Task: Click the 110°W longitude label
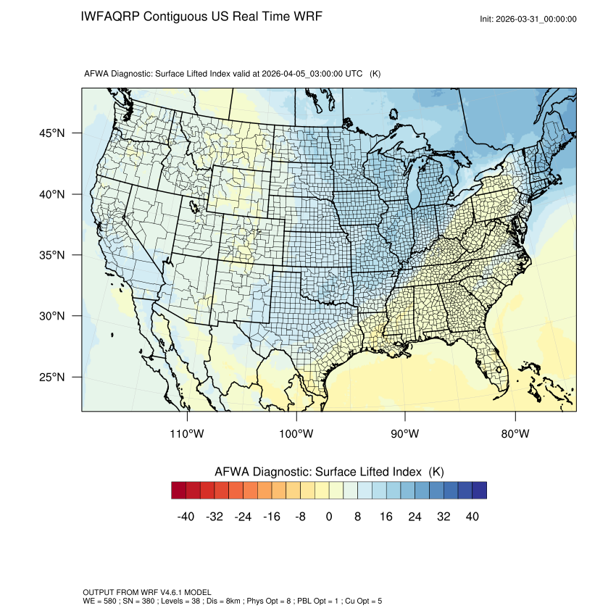(188, 434)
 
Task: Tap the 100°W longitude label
(296, 434)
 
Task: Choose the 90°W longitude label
(405, 434)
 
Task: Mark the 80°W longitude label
(515, 434)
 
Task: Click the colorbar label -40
(186, 517)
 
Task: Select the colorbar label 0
(329, 517)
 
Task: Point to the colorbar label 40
(473, 517)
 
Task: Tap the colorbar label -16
(272, 517)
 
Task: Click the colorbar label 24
(415, 517)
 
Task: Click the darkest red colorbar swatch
(179, 491)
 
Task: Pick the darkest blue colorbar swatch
(479, 491)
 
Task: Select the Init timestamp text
(528, 19)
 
